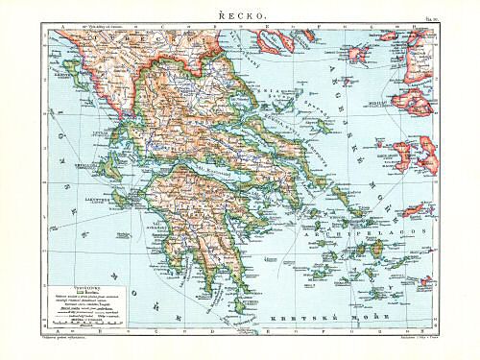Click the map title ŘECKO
[x=239, y=12]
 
